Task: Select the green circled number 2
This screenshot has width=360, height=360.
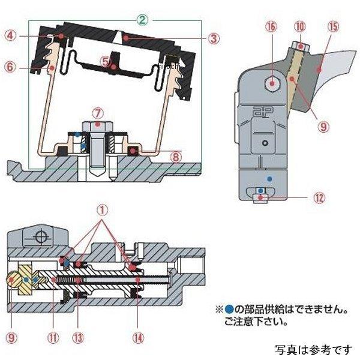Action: click(x=142, y=20)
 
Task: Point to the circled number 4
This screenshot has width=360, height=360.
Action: click(x=10, y=35)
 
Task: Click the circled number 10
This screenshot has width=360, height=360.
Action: click(x=300, y=27)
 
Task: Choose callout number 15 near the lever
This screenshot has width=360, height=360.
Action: click(x=334, y=27)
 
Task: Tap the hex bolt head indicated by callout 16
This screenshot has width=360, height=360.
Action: click(x=274, y=83)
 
